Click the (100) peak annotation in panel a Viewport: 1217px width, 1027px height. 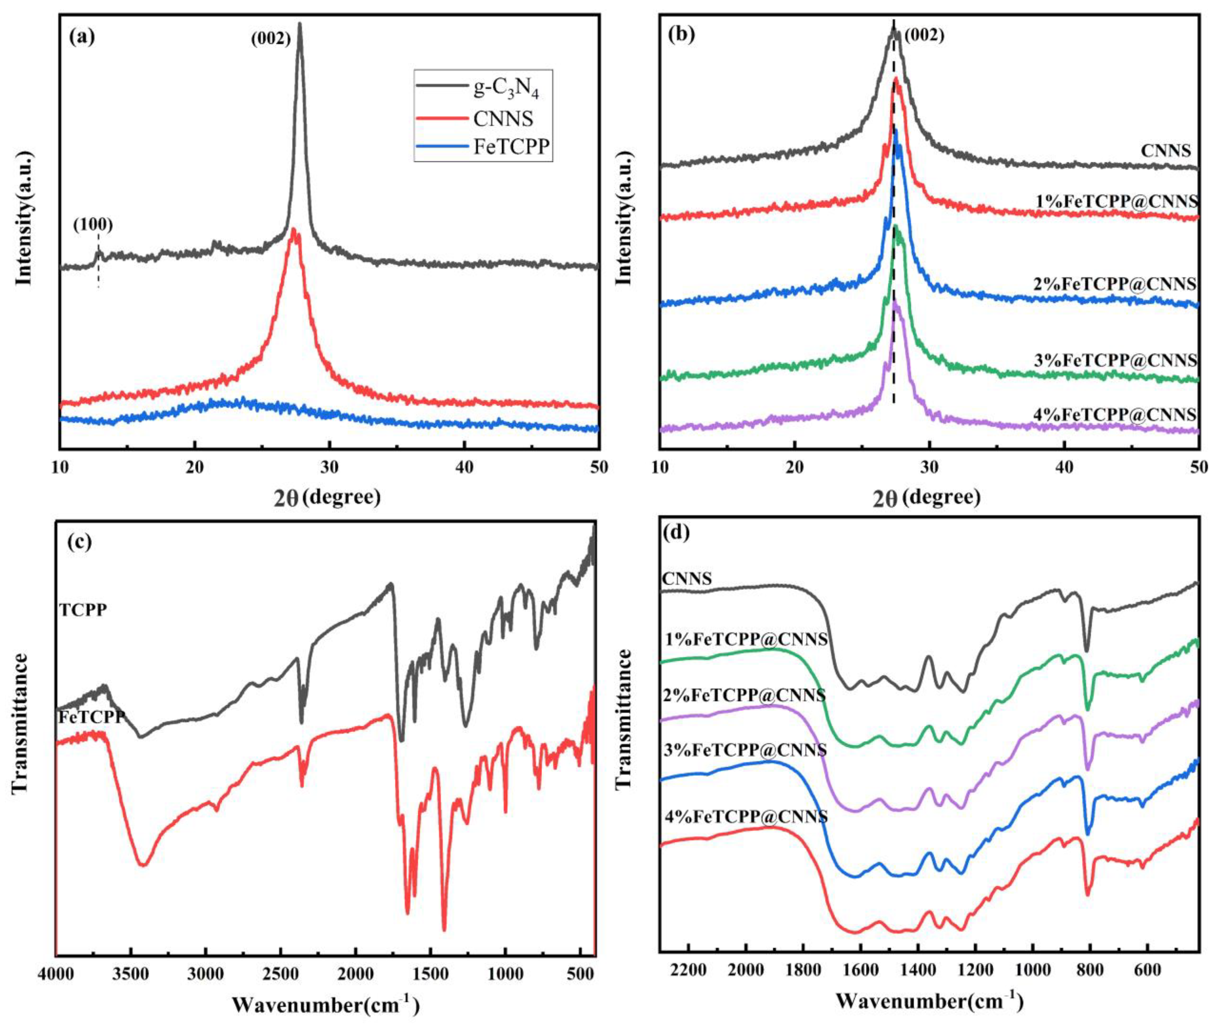point(93,225)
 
